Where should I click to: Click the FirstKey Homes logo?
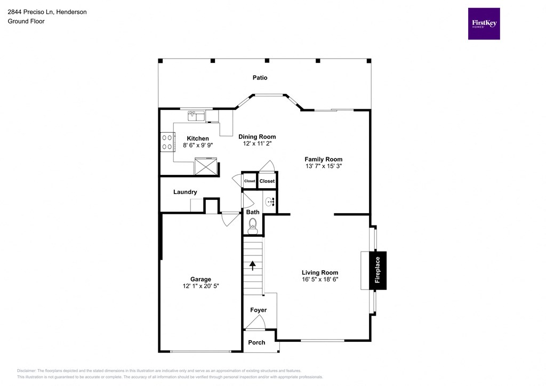pos(484,23)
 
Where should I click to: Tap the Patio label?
pos(260,78)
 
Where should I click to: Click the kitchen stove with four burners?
pos(167,142)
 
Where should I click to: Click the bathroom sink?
pos(269,202)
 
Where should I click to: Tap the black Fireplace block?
pos(378,270)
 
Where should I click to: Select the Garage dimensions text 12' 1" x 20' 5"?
pos(200,286)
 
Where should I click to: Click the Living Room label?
pos(320,272)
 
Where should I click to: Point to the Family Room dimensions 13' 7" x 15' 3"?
pos(323,166)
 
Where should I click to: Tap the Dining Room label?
pos(257,137)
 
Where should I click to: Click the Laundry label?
pos(185,192)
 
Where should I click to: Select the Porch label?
pos(256,342)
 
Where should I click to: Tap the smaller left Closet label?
pos(250,181)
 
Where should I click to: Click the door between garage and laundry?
pos(230,218)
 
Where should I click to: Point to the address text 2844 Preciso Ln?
pos(33,12)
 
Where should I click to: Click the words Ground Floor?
pos(26,21)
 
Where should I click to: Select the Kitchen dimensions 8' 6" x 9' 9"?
pos(197,145)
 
